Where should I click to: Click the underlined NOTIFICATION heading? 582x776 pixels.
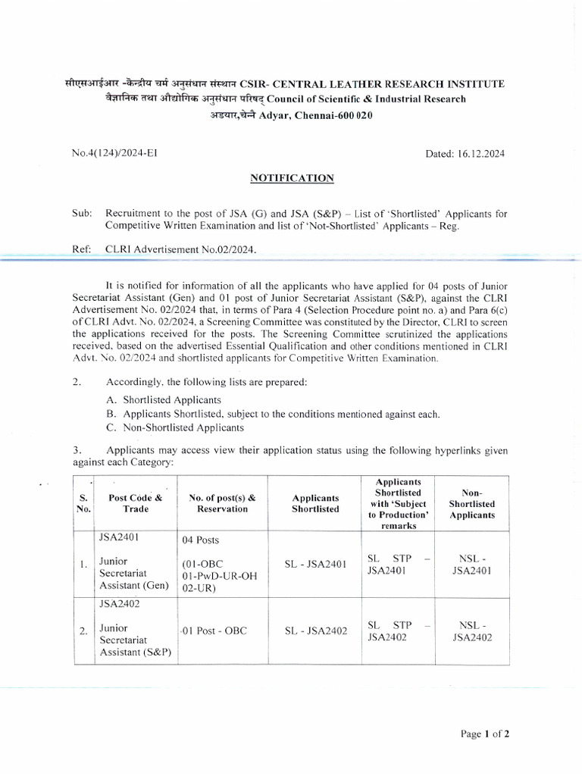pyautogui.click(x=293, y=178)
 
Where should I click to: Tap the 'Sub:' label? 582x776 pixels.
pyautogui.click(x=81, y=214)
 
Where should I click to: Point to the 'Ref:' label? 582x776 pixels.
pyautogui.click(x=81, y=248)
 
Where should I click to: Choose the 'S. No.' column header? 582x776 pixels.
pyautogui.click(x=84, y=503)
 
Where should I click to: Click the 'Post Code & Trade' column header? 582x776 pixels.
pyautogui.click(x=136, y=503)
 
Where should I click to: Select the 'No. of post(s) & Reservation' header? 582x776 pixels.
pyautogui.click(x=222, y=503)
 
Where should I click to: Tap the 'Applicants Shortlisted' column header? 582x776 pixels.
pyautogui.click(x=315, y=503)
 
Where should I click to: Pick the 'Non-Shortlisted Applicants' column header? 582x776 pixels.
pyautogui.click(x=471, y=503)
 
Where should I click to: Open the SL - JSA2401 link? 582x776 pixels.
pyautogui.click(x=315, y=565)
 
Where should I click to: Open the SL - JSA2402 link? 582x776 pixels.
pyautogui.click(x=315, y=631)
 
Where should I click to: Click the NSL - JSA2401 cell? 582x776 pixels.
pyautogui.click(x=472, y=565)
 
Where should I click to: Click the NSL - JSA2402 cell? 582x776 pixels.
pyautogui.click(x=472, y=631)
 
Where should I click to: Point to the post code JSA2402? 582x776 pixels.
pyautogui.click(x=120, y=605)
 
